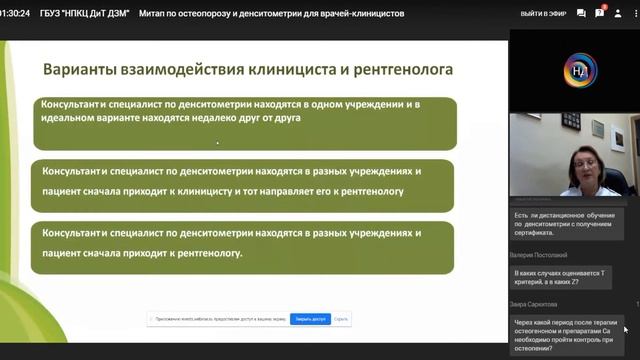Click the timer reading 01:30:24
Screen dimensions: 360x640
click(21, 14)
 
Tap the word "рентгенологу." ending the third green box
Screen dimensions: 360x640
click(207, 253)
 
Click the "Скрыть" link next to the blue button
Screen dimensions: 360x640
click(342, 319)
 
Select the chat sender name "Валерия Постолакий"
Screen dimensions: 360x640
click(544, 255)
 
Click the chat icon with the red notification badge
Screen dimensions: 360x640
click(600, 14)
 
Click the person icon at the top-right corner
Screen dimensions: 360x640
click(625, 14)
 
